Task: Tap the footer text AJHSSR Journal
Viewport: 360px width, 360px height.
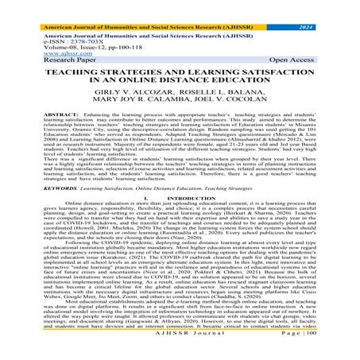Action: pyautogui.click(x=179, y=353)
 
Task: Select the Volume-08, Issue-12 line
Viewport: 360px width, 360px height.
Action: pyautogui.click(x=60, y=44)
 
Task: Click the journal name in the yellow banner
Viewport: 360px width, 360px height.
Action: pyautogui.click(x=151, y=6)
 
